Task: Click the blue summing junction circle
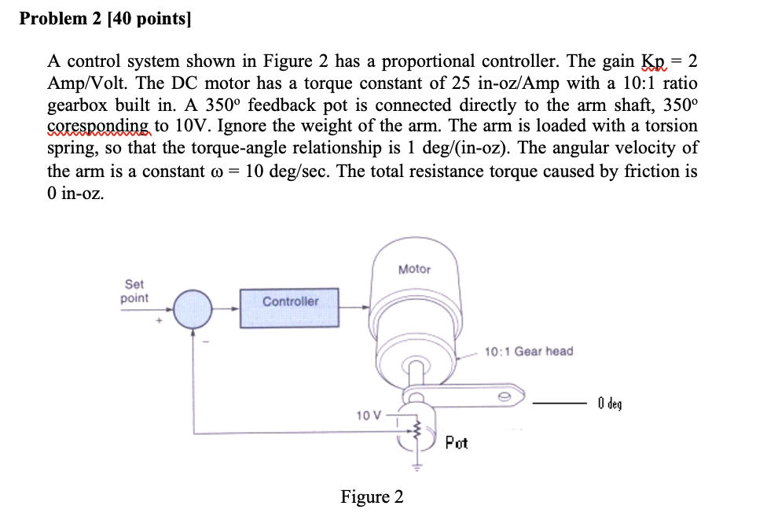pyautogui.click(x=192, y=309)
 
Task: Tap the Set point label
pyautogui.click(x=134, y=292)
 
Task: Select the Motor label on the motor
pyautogui.click(x=414, y=269)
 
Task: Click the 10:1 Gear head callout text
pyautogui.click(x=528, y=351)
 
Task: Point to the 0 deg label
pyautogui.click(x=609, y=404)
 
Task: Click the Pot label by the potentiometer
pyautogui.click(x=456, y=443)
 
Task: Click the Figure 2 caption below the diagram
pyautogui.click(x=372, y=496)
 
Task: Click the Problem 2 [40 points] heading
pyautogui.click(x=105, y=20)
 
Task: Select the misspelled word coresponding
pyautogui.click(x=97, y=126)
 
